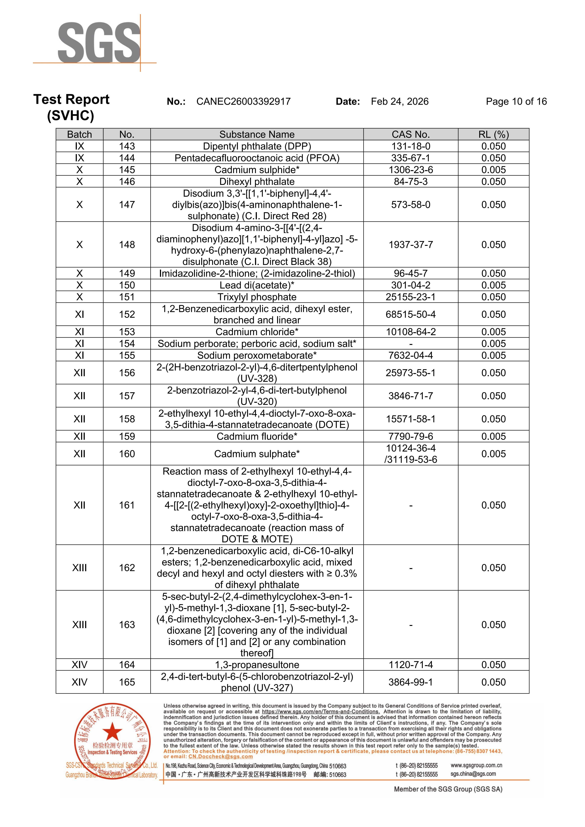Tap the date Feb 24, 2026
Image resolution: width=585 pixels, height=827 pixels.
399,102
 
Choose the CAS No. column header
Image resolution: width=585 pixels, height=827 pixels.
411,134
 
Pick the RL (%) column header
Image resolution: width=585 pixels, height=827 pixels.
493,134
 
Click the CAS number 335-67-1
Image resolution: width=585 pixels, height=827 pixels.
411,158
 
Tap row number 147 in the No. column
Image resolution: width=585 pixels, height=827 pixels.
127,205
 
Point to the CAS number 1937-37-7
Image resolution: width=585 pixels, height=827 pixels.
411,245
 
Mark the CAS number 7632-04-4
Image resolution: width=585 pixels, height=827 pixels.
411,356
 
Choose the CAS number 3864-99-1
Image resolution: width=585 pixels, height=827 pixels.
411,682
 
